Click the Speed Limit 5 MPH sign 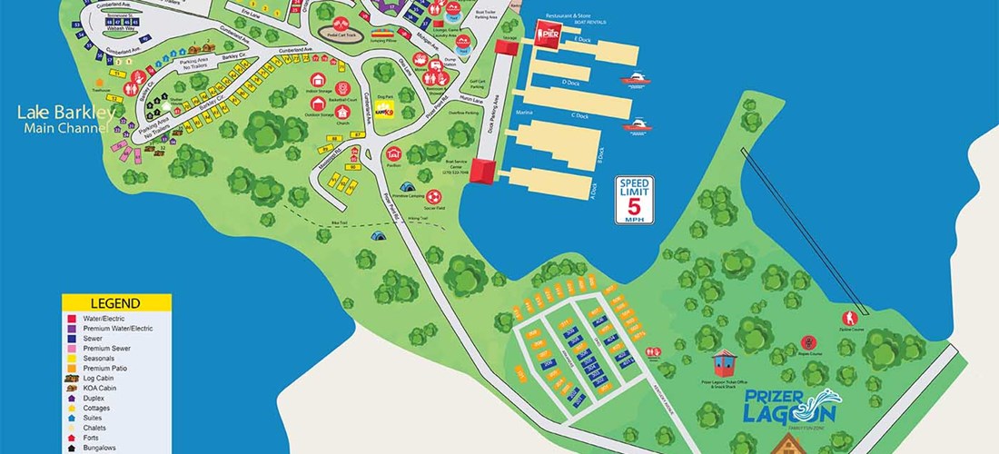635,200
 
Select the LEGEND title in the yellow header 115,303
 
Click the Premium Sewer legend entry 103,348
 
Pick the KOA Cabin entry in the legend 95,388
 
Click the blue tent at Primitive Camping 377,235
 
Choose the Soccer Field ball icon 433,195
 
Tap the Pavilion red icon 394,153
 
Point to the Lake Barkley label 66,114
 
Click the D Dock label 570,83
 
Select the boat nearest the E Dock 636,80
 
